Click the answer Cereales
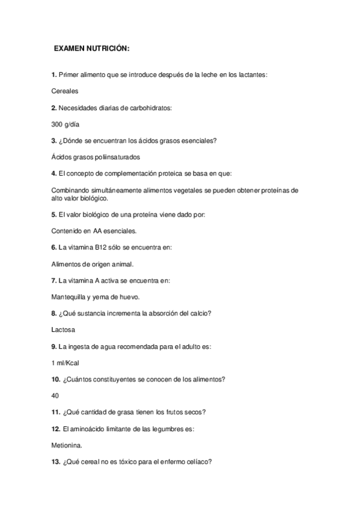click(66, 91)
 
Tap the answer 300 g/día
click(66, 124)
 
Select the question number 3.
click(53, 141)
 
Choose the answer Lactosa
click(64, 330)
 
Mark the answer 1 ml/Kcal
click(66, 363)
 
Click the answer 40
click(56, 396)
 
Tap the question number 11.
click(55, 412)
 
